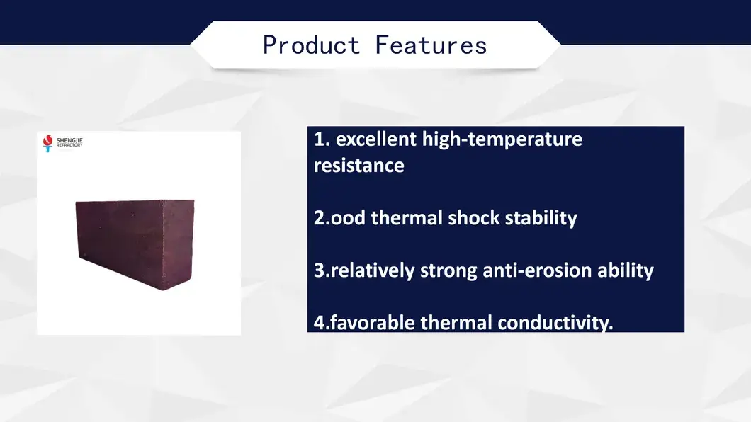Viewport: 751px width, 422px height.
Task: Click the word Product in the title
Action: (311, 45)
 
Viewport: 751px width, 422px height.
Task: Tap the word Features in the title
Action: (431, 45)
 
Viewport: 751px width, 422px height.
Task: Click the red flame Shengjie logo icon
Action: (47, 143)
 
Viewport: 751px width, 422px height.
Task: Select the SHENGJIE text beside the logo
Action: (69, 140)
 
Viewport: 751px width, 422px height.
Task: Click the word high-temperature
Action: (502, 139)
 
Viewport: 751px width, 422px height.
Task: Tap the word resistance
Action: (359, 166)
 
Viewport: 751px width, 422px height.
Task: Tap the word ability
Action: (626, 270)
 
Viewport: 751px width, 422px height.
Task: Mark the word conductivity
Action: (555, 323)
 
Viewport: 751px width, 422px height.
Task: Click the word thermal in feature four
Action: (457, 323)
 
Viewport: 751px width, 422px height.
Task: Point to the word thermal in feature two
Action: (407, 217)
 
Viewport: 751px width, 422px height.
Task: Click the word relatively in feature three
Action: (373, 270)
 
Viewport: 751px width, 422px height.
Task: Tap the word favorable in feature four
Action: (373, 323)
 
